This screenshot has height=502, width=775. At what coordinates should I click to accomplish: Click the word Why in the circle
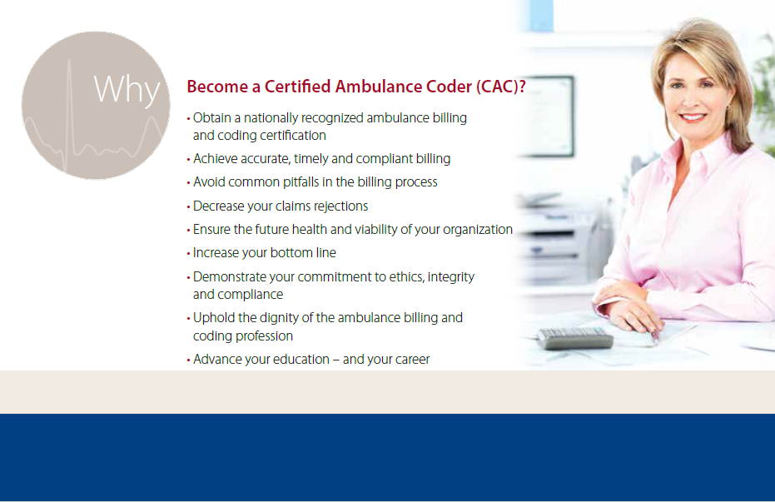pyautogui.click(x=127, y=90)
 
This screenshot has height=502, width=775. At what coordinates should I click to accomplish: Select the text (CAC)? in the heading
pyautogui.click(x=500, y=87)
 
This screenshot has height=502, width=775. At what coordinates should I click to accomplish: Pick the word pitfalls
pyautogui.click(x=301, y=182)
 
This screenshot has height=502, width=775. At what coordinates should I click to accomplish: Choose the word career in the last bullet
pyautogui.click(x=412, y=360)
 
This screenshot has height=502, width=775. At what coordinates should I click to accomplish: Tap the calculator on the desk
pyautogui.click(x=575, y=339)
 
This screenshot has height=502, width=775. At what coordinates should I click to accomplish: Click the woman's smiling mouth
pyautogui.click(x=692, y=117)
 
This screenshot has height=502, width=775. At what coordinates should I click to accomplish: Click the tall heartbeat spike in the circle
pyautogui.click(x=69, y=114)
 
